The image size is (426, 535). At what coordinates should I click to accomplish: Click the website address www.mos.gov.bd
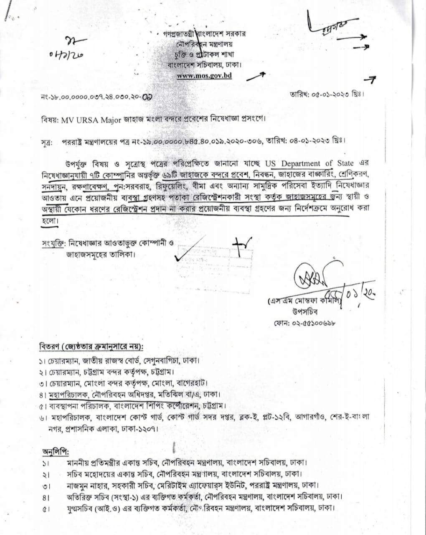click(x=204, y=76)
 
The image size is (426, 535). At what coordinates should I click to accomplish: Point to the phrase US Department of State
click(x=294, y=163)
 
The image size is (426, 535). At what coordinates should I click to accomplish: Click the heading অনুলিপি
click(x=56, y=452)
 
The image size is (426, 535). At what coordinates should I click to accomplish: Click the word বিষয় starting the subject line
click(x=50, y=119)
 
